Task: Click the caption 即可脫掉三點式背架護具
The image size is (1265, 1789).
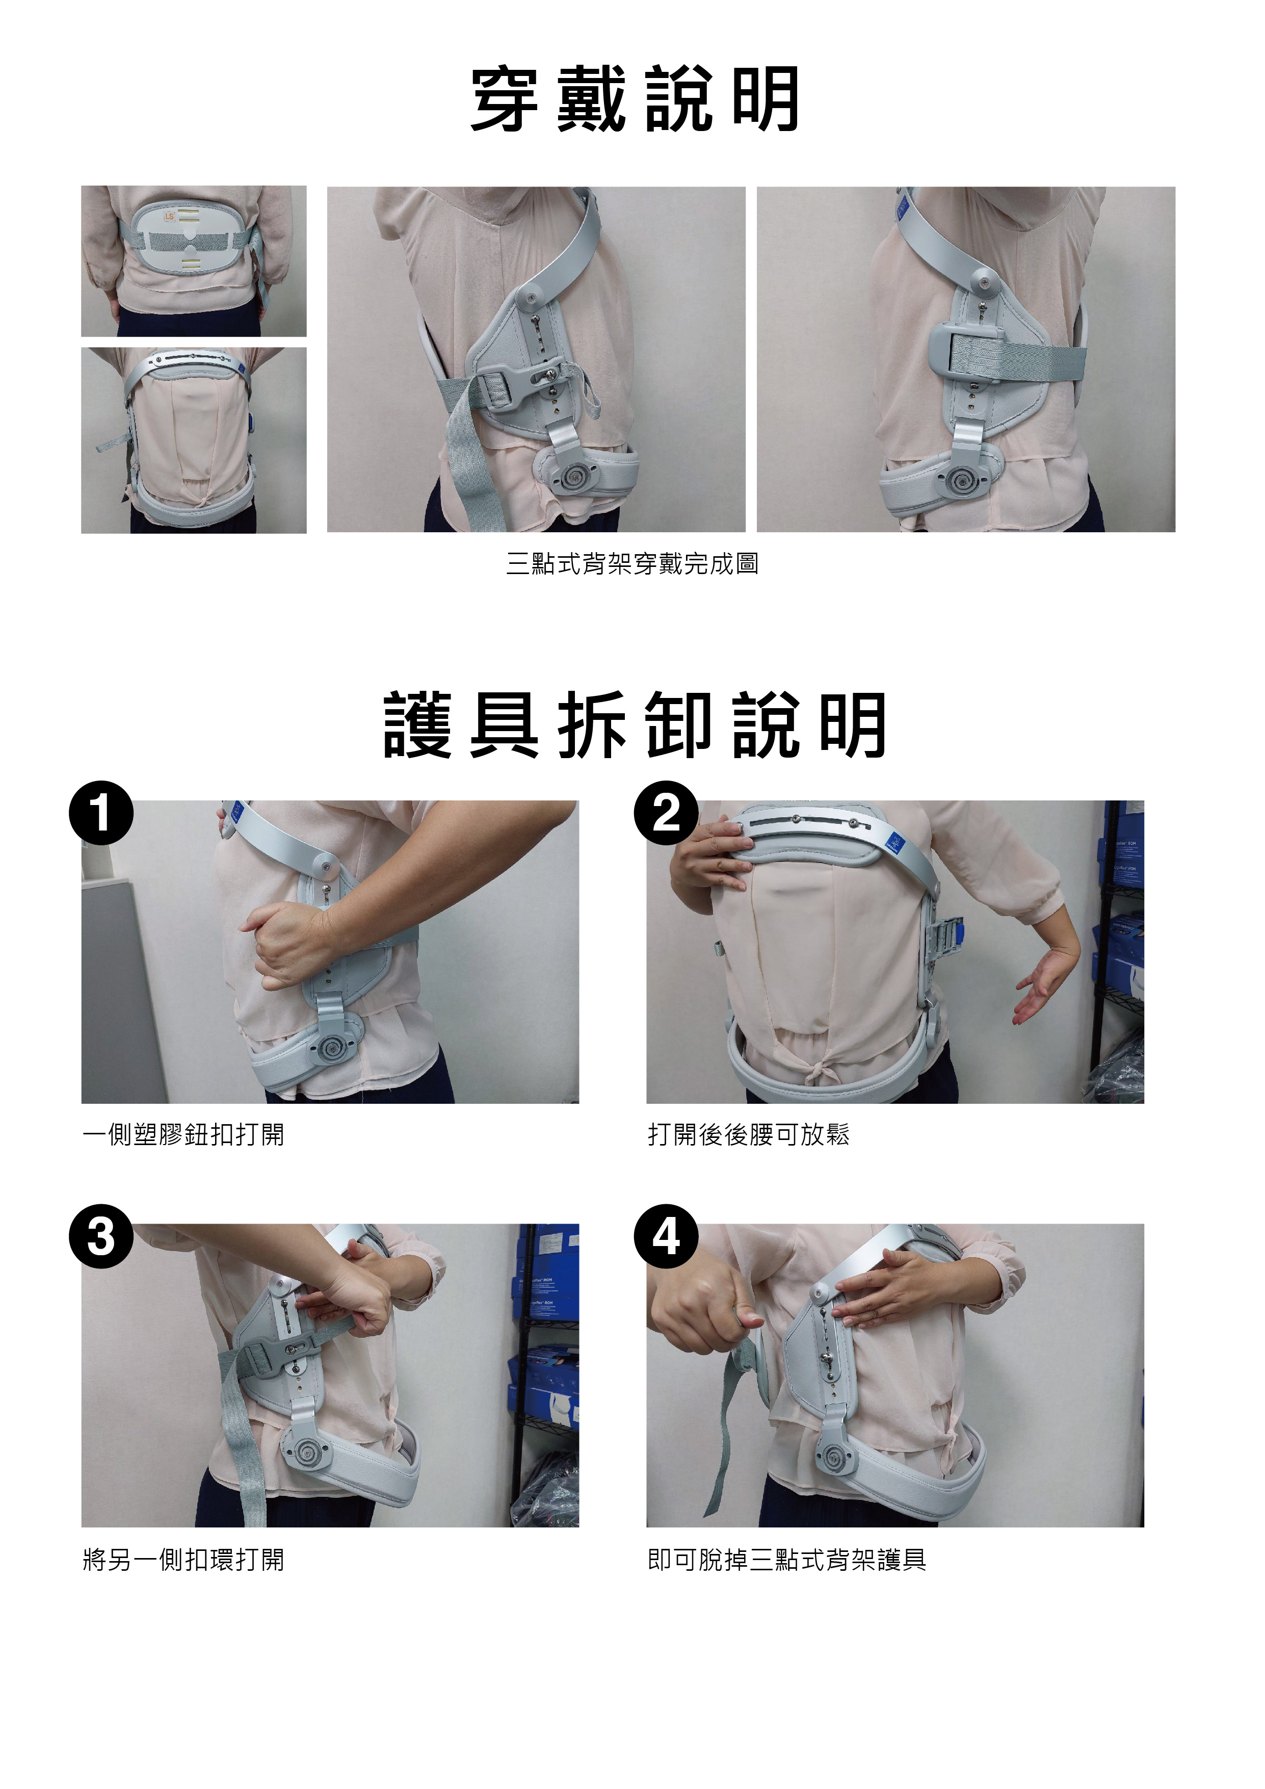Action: [787, 1559]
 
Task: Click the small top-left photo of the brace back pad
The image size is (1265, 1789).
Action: [193, 261]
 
